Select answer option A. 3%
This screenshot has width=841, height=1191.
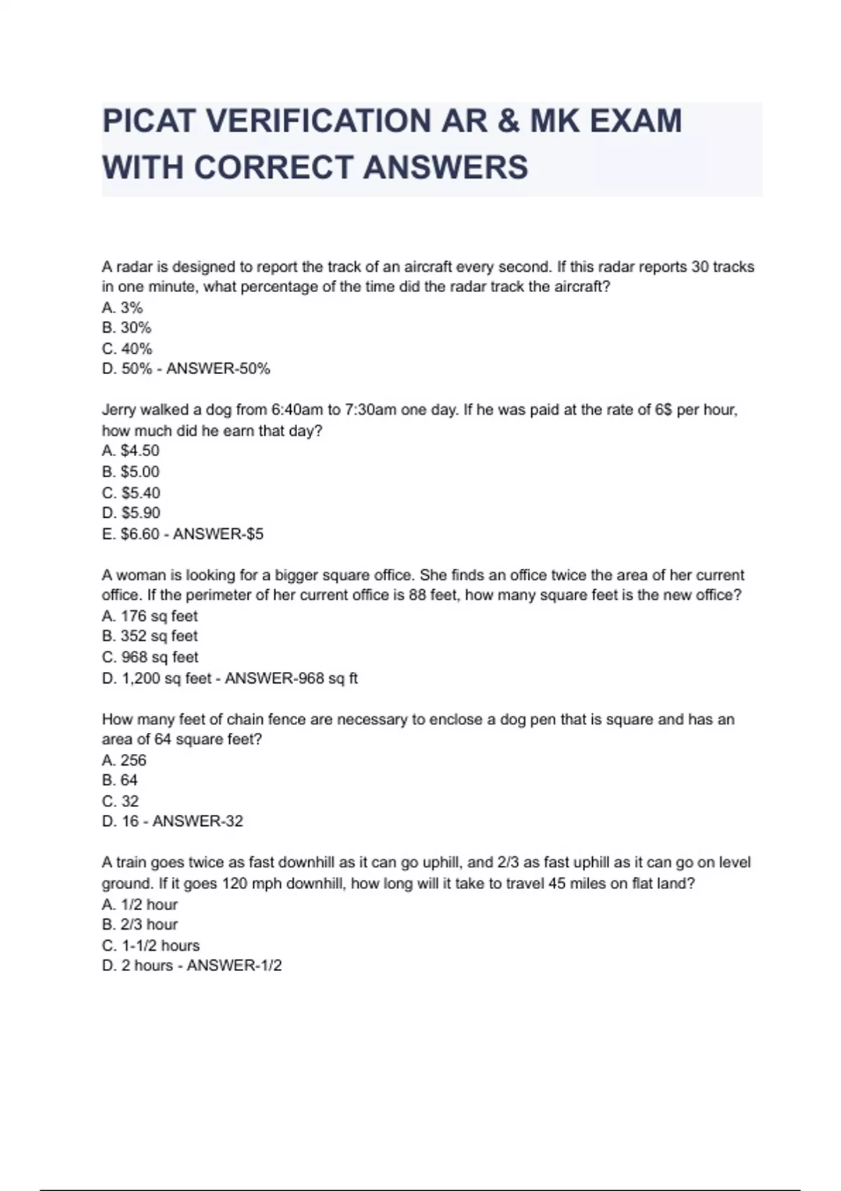click(x=122, y=308)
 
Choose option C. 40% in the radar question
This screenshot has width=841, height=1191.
click(x=127, y=349)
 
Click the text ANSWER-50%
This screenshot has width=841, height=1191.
click(x=218, y=369)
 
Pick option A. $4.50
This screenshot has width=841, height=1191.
click(x=130, y=451)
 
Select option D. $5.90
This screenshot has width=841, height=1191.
click(x=131, y=513)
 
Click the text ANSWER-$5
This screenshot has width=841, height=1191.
click(x=218, y=534)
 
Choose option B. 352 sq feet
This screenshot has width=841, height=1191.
click(x=150, y=636)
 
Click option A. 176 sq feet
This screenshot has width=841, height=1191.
click(x=150, y=617)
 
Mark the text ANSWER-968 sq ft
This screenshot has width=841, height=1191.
click(x=291, y=678)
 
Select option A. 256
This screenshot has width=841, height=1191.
click(x=124, y=760)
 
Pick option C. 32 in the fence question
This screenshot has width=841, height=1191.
click(x=121, y=801)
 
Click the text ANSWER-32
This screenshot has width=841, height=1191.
click(x=198, y=822)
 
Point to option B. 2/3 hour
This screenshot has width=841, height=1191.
click(x=140, y=925)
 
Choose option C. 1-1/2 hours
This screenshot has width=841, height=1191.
click(x=151, y=946)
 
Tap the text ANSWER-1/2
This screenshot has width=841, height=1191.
click(x=234, y=966)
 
